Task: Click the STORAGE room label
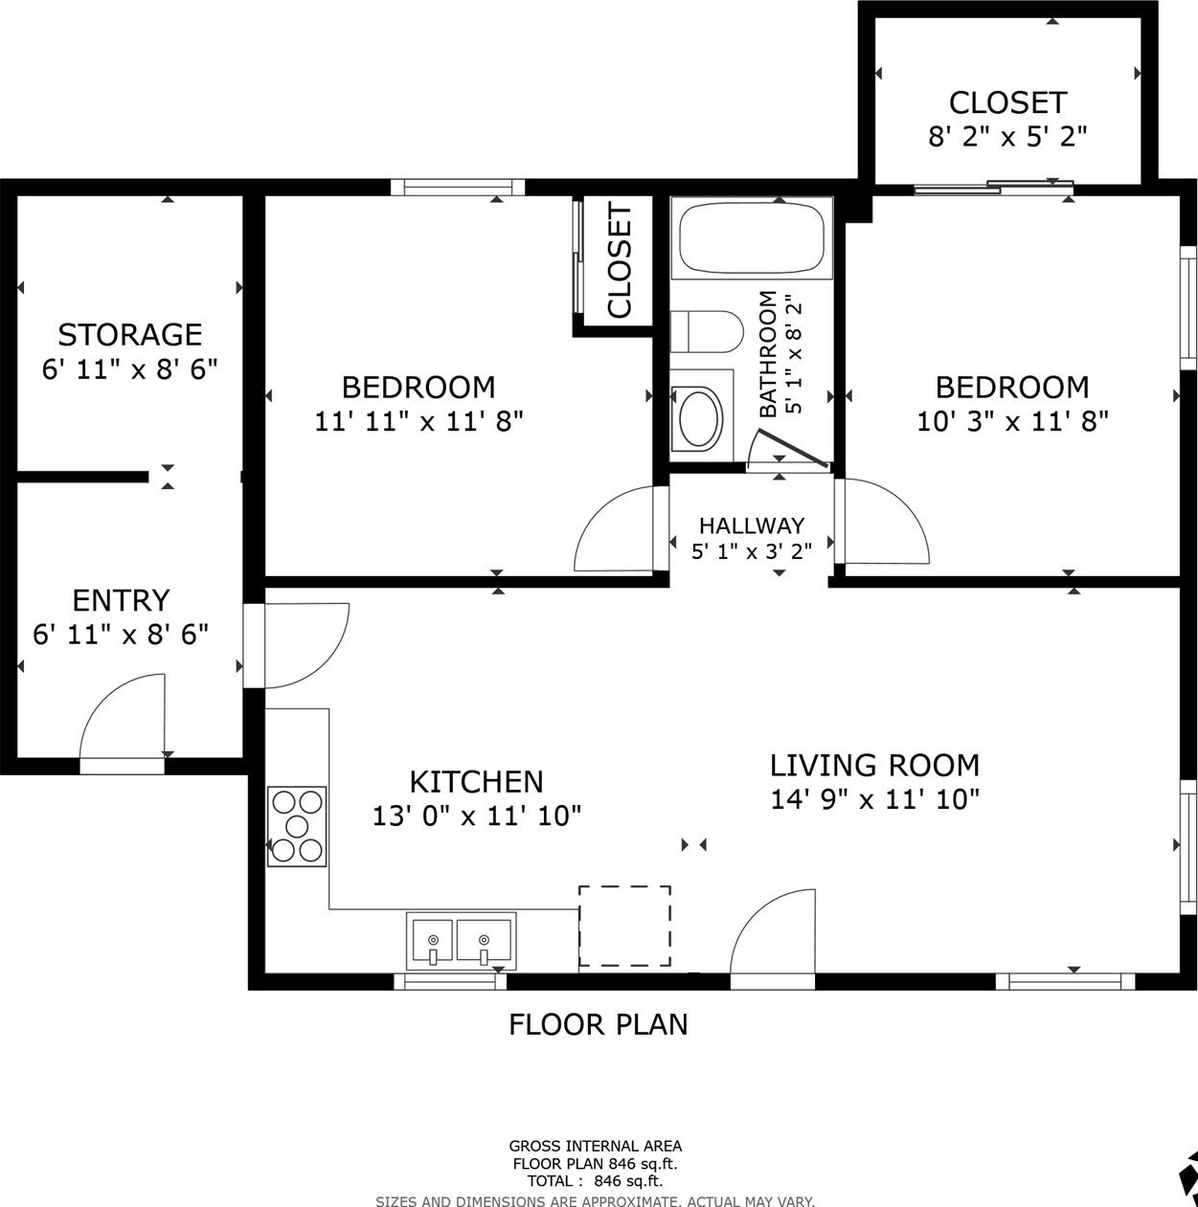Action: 130,334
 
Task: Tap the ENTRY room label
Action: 121,600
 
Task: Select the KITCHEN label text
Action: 477,782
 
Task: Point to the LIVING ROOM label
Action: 874,765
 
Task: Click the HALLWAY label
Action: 752,525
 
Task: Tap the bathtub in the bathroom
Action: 752,238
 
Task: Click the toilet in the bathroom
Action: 707,332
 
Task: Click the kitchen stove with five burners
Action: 297,826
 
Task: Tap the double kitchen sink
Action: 462,941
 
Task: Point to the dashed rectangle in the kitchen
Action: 624,926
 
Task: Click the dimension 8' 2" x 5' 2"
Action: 1007,136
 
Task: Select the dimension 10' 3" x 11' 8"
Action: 1012,421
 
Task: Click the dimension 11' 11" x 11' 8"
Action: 418,421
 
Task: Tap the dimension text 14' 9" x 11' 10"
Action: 874,799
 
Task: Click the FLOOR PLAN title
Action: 599,1025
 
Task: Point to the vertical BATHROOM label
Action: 768,354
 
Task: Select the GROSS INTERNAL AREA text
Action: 595,1147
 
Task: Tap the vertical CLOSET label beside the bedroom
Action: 620,259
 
